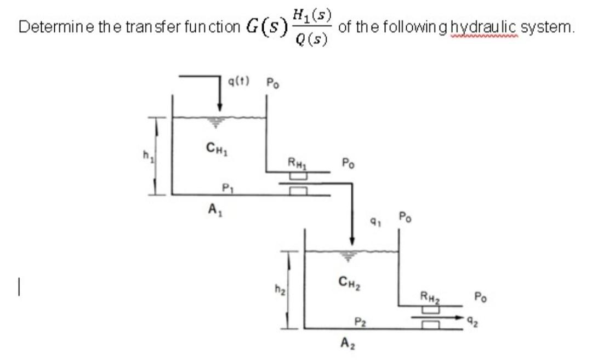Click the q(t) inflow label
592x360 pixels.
[x=238, y=82]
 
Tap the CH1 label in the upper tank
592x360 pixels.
[x=214, y=146]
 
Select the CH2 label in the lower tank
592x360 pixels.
[x=349, y=283]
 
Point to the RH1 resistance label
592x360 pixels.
[x=297, y=161]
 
